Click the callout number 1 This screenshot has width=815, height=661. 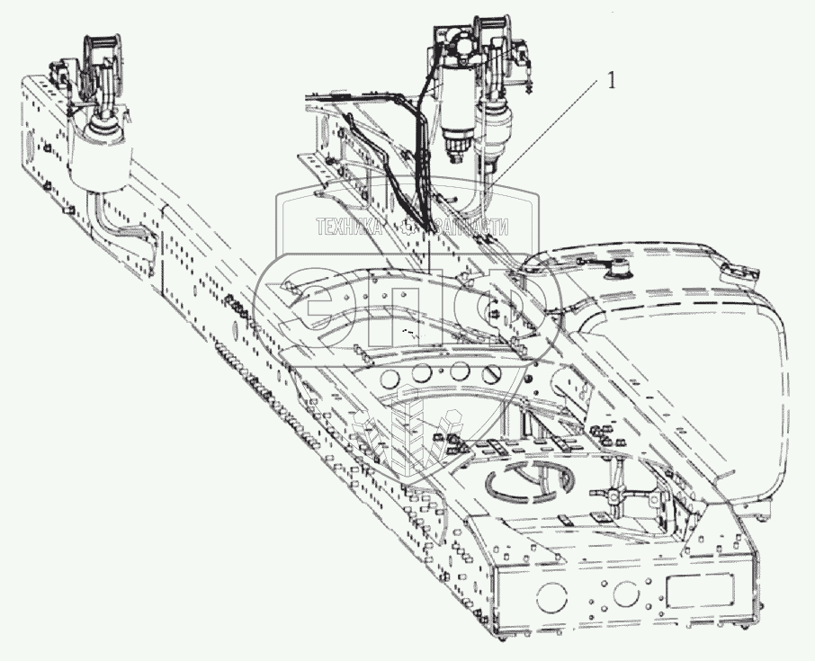[x=612, y=81]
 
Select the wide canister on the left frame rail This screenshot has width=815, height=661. [x=102, y=162]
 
